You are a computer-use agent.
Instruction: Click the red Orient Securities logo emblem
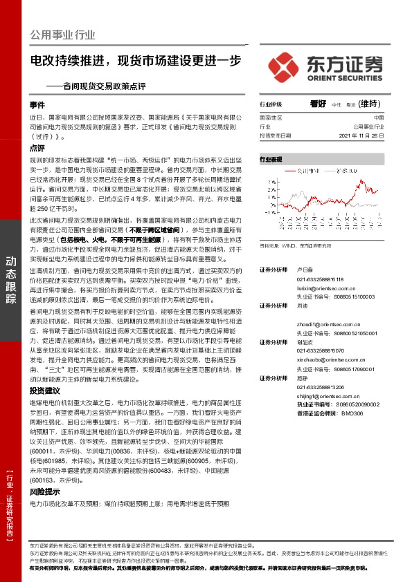click(284, 66)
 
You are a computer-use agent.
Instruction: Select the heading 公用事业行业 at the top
click(63, 35)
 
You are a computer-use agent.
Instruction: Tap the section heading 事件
click(37, 105)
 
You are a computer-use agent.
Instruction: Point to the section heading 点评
click(37, 149)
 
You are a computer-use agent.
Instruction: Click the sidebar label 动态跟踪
click(12, 277)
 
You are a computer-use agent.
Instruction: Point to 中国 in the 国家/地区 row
click(378, 119)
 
